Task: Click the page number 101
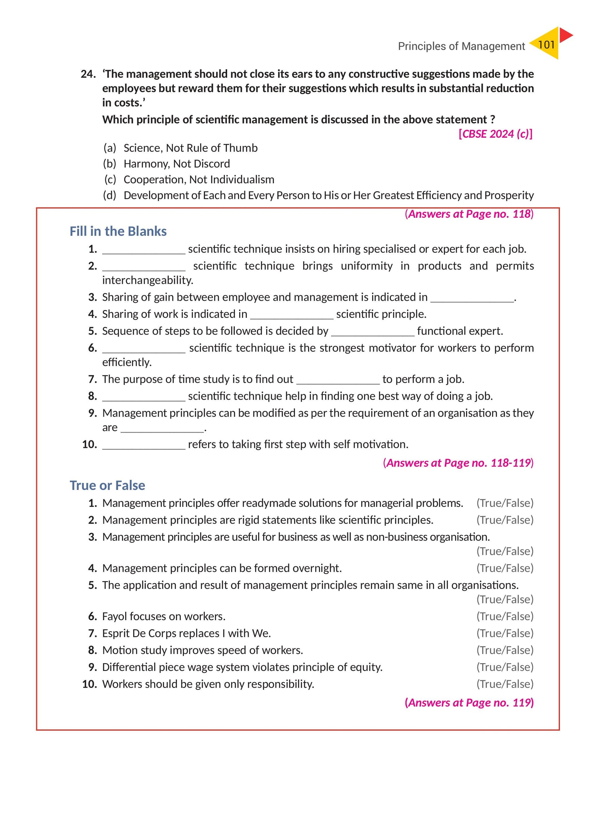[x=546, y=45]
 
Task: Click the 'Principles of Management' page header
[x=461, y=46]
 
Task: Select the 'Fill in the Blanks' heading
[x=118, y=231]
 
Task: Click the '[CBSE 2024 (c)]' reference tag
[x=495, y=134]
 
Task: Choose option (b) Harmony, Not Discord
[x=176, y=163]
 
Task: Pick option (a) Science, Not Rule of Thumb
[x=190, y=148]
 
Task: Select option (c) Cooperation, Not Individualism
[x=199, y=179]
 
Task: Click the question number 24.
[x=88, y=74]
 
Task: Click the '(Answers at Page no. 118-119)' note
[x=458, y=463]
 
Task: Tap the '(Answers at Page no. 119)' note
[x=469, y=703]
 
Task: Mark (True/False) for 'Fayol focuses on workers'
[x=505, y=616]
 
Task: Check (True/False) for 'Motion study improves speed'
[x=505, y=650]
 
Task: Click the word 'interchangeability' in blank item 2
[x=147, y=280]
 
